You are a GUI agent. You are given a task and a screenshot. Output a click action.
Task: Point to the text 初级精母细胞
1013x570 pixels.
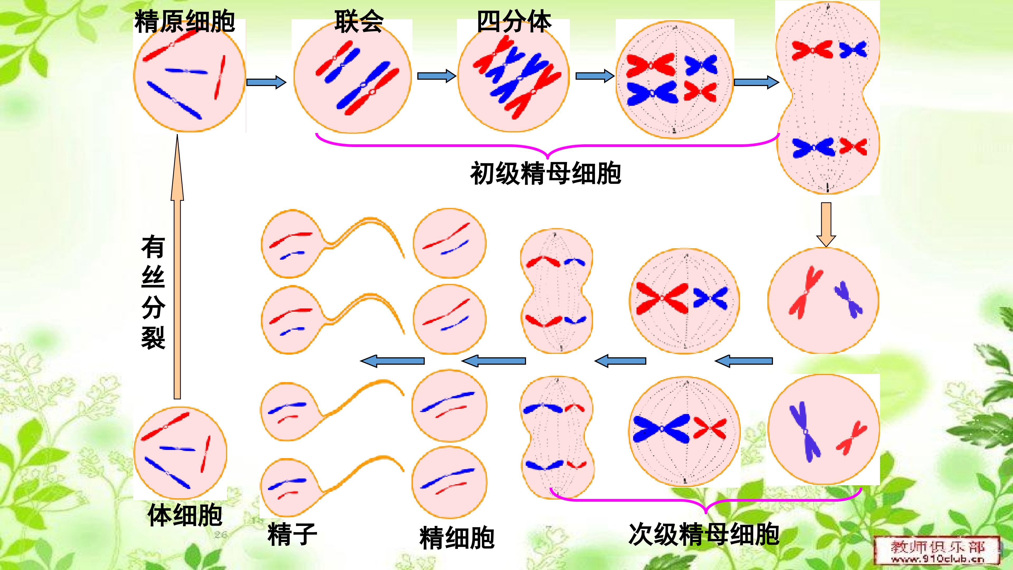click(x=546, y=173)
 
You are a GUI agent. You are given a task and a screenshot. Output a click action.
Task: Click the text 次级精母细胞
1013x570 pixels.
click(x=704, y=534)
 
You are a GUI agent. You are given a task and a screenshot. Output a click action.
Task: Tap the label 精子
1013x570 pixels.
click(x=292, y=534)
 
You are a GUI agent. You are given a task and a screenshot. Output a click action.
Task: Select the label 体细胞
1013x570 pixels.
click(x=185, y=515)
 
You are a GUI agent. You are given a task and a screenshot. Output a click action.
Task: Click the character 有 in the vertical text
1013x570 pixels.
click(x=153, y=247)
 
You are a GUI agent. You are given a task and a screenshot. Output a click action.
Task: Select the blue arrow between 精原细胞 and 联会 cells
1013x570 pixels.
click(x=266, y=82)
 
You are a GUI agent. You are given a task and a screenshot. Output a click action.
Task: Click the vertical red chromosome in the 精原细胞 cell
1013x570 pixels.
click(x=220, y=77)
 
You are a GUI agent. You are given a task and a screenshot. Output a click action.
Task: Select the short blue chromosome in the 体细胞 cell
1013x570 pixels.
click(x=177, y=448)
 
